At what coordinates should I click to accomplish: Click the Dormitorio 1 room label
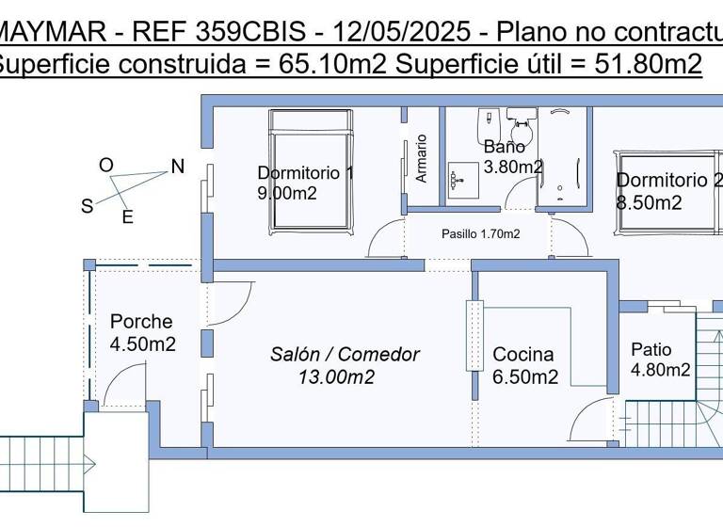click(x=305, y=172)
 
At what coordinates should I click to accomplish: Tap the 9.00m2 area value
click(x=286, y=193)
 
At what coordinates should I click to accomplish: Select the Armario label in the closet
click(x=421, y=157)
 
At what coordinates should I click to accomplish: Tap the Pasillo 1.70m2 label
click(x=481, y=233)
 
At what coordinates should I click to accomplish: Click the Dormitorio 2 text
click(x=668, y=181)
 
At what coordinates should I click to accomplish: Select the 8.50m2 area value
click(x=649, y=202)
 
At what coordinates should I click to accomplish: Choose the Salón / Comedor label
click(x=345, y=355)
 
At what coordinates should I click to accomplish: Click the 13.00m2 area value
click(x=336, y=377)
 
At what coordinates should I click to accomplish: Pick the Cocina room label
click(x=523, y=355)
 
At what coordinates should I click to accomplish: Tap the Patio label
click(x=651, y=349)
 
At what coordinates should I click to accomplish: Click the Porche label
click(x=141, y=322)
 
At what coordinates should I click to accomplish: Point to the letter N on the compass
click(x=177, y=167)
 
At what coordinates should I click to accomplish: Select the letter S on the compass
click(x=87, y=206)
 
